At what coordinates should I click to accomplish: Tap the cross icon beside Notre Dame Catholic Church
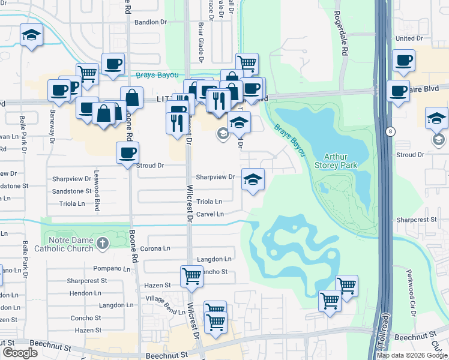click(x=103, y=243)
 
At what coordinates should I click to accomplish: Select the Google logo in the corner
click(x=20, y=353)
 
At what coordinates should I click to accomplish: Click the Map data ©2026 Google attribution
click(x=412, y=355)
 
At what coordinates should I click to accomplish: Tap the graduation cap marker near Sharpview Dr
click(x=253, y=179)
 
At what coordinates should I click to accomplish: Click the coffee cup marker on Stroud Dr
click(x=127, y=153)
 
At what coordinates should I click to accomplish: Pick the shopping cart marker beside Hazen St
click(x=191, y=277)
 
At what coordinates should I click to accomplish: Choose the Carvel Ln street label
click(x=210, y=214)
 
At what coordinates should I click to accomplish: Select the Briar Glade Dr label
click(x=201, y=42)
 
